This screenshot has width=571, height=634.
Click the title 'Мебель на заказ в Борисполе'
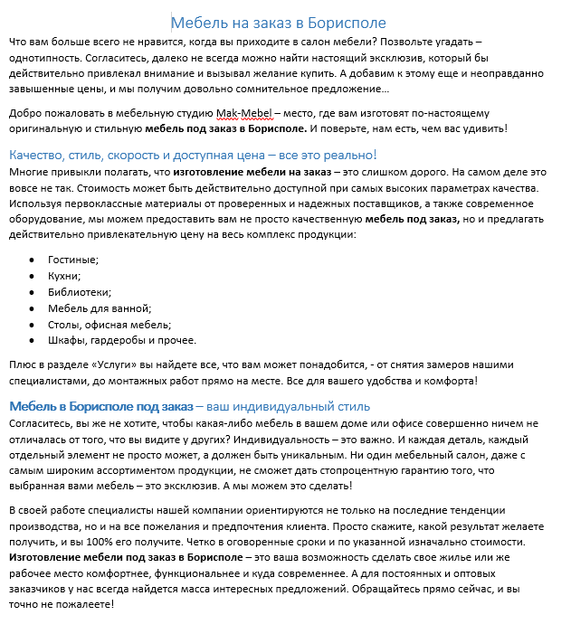click(278, 23)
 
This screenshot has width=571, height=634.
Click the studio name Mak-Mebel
click(243, 113)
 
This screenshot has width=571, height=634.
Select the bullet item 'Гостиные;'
click(73, 260)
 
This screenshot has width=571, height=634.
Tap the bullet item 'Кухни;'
click(64, 276)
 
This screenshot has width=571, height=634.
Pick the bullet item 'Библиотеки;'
click(80, 292)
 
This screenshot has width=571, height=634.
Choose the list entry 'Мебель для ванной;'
click(93, 308)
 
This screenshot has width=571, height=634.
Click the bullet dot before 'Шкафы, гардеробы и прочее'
click(33, 341)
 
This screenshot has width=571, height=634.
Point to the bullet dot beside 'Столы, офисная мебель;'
click(33, 325)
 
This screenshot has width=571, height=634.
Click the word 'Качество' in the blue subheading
click(38, 155)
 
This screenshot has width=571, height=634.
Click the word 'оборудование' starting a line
click(44, 219)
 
